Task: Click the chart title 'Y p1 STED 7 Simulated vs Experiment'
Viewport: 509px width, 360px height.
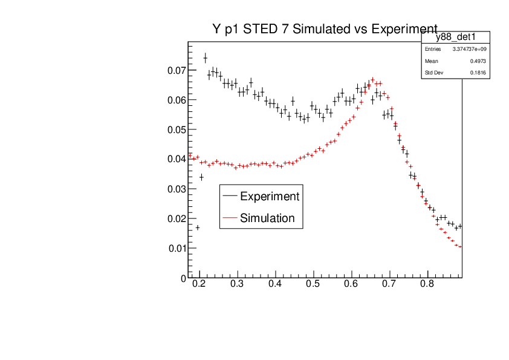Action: click(325, 29)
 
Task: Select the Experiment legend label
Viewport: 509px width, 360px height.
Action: click(269, 196)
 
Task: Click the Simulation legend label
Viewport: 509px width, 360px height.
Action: click(267, 218)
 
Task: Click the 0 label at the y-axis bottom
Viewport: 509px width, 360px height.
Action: click(183, 278)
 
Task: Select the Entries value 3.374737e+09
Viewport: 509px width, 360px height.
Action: click(469, 49)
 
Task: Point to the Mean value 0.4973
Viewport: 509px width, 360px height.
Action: click(478, 61)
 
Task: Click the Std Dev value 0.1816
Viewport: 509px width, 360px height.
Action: click(478, 73)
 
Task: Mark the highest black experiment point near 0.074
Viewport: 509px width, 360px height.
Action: click(205, 58)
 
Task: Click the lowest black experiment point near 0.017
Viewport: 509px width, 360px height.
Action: click(198, 227)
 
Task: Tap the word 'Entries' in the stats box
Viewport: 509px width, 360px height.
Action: click(433, 49)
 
